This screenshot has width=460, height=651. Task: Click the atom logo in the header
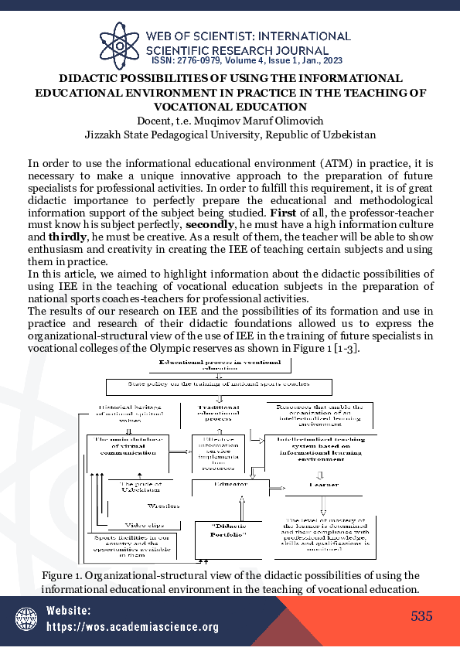(x=122, y=44)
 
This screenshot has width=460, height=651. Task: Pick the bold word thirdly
(x=66, y=238)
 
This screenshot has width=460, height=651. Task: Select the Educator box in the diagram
(x=230, y=484)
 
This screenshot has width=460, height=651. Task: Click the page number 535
(x=421, y=616)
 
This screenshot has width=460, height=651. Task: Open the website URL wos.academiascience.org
(x=132, y=627)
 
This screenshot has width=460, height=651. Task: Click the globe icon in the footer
(x=27, y=619)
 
